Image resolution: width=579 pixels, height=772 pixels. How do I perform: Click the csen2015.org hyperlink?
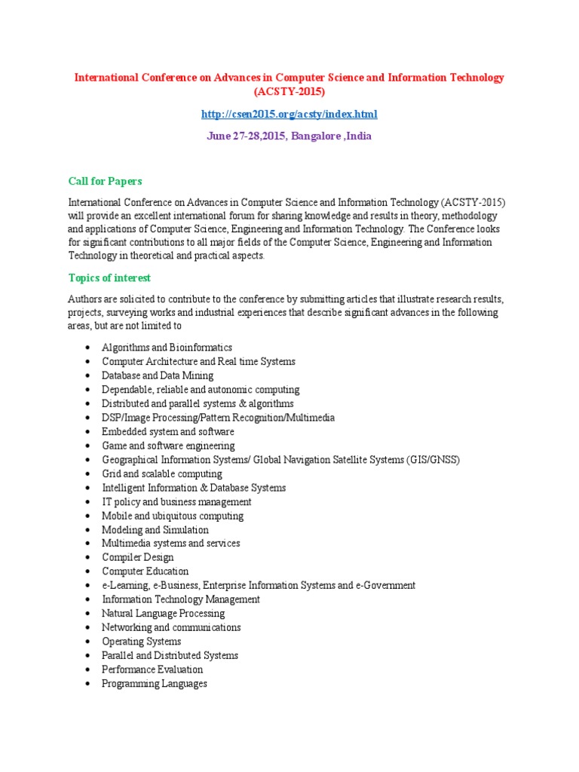(x=289, y=114)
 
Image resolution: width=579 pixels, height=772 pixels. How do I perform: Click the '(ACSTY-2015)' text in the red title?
(x=289, y=92)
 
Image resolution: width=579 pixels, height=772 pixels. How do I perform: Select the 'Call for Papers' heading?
(x=106, y=181)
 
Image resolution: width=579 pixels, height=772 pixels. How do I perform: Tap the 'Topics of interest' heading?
(x=110, y=277)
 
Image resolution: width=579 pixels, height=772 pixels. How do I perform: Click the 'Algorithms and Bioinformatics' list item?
(x=167, y=348)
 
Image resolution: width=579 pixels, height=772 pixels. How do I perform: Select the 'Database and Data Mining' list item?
(x=158, y=375)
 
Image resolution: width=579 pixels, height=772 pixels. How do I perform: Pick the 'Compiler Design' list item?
(x=138, y=557)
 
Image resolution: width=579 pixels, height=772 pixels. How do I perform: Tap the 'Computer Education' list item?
(x=146, y=571)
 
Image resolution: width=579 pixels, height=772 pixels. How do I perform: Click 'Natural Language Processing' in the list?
(x=164, y=614)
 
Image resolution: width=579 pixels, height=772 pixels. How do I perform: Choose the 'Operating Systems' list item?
(x=142, y=642)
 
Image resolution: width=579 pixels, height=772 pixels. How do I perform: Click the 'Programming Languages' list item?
(x=155, y=684)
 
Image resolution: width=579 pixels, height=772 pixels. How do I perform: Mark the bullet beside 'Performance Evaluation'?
(x=89, y=670)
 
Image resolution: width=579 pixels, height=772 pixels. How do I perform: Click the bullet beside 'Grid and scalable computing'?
(x=89, y=474)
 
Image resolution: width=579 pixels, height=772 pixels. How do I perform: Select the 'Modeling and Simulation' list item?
(x=155, y=530)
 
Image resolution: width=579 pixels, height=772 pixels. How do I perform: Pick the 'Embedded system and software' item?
(x=168, y=432)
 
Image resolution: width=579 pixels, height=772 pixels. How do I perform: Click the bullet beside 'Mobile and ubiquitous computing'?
(x=89, y=516)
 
